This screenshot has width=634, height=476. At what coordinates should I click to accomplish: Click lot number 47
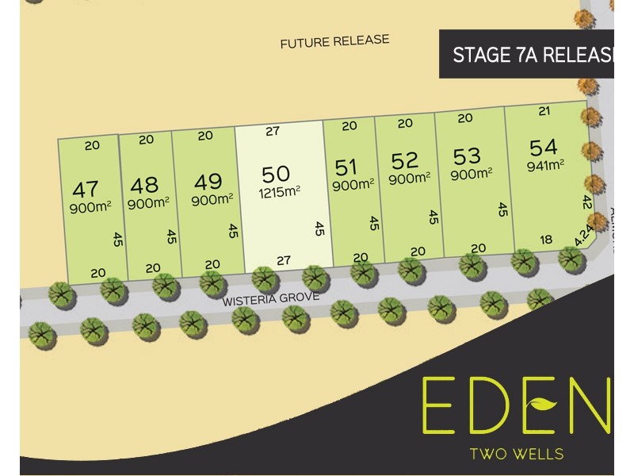[x=85, y=189]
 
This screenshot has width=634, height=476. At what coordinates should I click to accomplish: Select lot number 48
[x=144, y=185]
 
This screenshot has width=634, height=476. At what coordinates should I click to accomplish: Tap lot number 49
[x=208, y=182]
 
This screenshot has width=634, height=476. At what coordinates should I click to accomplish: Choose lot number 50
[x=276, y=174]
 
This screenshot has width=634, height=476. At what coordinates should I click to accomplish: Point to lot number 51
[x=346, y=167]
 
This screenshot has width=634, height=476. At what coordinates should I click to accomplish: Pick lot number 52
[x=404, y=161]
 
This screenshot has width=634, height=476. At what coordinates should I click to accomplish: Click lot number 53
[x=467, y=155]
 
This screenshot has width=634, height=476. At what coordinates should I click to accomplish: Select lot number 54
[x=544, y=148]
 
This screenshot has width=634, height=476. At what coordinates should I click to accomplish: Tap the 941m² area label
[x=545, y=165]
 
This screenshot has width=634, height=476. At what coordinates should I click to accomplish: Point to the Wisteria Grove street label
[x=271, y=299]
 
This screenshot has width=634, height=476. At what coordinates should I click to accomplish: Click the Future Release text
[x=334, y=41]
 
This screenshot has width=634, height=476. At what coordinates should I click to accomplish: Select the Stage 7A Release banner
[x=531, y=55]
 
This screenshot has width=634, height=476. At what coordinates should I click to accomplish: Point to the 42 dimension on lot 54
[x=587, y=202]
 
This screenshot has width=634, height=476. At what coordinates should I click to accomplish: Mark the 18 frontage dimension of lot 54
[x=545, y=240]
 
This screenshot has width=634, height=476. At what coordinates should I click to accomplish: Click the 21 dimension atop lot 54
[x=544, y=112]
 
